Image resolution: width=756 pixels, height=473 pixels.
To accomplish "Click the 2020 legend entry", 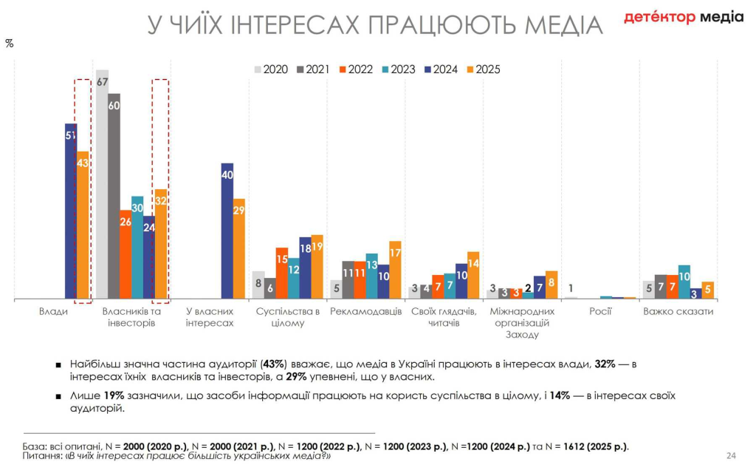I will click(x=270, y=69).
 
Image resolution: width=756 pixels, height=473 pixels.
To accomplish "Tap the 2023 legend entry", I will click(x=397, y=69).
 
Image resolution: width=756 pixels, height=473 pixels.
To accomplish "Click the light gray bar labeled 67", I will click(x=102, y=185).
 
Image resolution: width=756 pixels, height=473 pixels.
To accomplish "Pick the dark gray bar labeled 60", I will click(x=114, y=197).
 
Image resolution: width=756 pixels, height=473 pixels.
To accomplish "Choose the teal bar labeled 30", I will click(x=137, y=248).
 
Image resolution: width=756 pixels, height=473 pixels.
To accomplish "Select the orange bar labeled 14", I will click(x=473, y=275).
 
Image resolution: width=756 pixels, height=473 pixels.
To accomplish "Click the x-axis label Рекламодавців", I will click(x=365, y=312).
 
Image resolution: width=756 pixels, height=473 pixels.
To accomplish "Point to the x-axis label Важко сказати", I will click(x=678, y=312).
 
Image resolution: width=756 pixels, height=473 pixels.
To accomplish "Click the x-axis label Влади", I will click(x=53, y=312).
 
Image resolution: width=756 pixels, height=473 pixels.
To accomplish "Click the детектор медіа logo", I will click(x=684, y=17).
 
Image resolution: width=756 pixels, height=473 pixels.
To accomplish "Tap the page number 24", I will click(x=732, y=455).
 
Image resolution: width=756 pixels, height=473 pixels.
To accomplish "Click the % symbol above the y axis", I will click(x=10, y=44).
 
